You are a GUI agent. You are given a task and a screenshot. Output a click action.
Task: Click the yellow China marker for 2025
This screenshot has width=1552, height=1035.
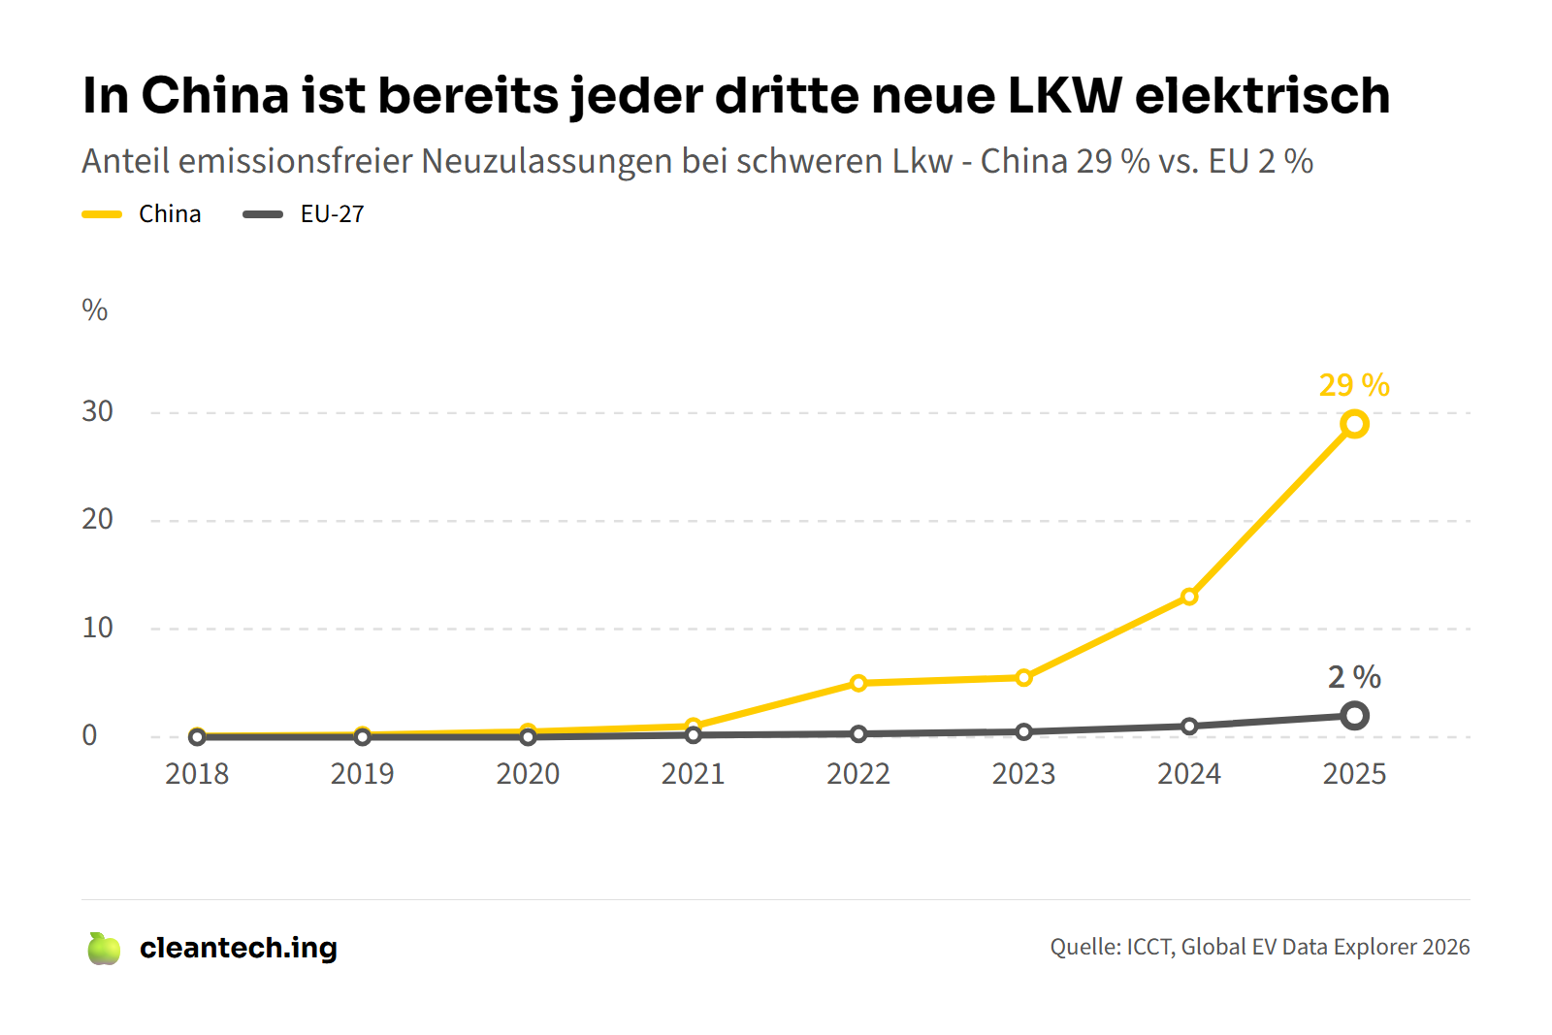pyautogui.click(x=1354, y=424)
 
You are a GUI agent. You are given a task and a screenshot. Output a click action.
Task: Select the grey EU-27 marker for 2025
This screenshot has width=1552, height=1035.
pyautogui.click(x=1354, y=716)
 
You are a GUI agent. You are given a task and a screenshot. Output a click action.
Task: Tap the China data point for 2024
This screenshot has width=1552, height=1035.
pyautogui.click(x=1189, y=597)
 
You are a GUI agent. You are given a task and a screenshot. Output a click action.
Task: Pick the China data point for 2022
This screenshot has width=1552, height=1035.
pyautogui.click(x=858, y=683)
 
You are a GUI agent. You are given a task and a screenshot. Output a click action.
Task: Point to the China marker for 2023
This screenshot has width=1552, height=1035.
pyautogui.click(x=1023, y=677)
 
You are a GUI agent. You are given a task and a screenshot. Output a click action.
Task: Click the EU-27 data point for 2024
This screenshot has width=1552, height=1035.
pyautogui.click(x=1189, y=726)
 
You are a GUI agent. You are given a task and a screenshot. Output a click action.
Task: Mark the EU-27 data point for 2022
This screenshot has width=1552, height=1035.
pyautogui.click(x=858, y=734)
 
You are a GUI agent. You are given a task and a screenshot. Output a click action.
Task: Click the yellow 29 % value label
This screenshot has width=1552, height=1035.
pyautogui.click(x=1354, y=385)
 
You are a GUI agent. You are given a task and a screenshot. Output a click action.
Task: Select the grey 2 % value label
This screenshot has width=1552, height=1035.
pyautogui.click(x=1354, y=676)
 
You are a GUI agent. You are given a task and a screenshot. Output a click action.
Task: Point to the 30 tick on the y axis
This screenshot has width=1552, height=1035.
pyautogui.click(x=97, y=411)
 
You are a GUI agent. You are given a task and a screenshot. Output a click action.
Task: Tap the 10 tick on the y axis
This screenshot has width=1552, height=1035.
pyautogui.click(x=97, y=628)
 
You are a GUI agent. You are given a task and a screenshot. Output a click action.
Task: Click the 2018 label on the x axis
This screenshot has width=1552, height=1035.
pyautogui.click(x=197, y=774)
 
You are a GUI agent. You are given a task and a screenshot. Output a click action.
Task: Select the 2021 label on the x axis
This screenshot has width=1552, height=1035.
pyautogui.click(x=693, y=774)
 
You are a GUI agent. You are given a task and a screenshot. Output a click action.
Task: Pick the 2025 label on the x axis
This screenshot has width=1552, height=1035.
pyautogui.click(x=1354, y=774)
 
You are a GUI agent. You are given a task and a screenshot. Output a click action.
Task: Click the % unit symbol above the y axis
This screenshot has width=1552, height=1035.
pyautogui.click(x=95, y=310)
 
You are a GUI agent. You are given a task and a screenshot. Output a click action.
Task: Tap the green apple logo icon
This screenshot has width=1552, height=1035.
pyautogui.click(x=104, y=949)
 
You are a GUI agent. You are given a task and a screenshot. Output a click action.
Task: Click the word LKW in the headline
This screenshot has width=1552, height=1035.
pyautogui.click(x=1064, y=95)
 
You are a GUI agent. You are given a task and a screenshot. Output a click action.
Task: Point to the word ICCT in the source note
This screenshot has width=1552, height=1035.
pyautogui.click(x=1149, y=947)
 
